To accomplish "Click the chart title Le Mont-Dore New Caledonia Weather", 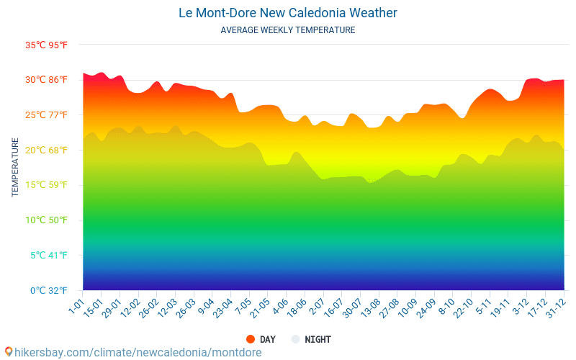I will pyautogui.click(x=288, y=13).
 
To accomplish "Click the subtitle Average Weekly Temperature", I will pyautogui.click(x=288, y=30).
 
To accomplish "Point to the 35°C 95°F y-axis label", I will pyautogui.click(x=46, y=45).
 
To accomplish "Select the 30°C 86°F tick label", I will pyautogui.click(x=46, y=80).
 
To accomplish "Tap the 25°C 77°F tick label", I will pyautogui.click(x=46, y=115).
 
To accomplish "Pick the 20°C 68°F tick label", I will pyautogui.click(x=46, y=150).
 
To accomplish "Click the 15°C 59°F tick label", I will pyautogui.click(x=46, y=185).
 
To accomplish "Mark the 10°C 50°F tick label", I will pyautogui.click(x=46, y=220).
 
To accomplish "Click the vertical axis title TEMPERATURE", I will pyautogui.click(x=15, y=168).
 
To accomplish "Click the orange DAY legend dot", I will pyautogui.click(x=251, y=339).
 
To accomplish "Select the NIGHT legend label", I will pyautogui.click(x=318, y=339).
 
